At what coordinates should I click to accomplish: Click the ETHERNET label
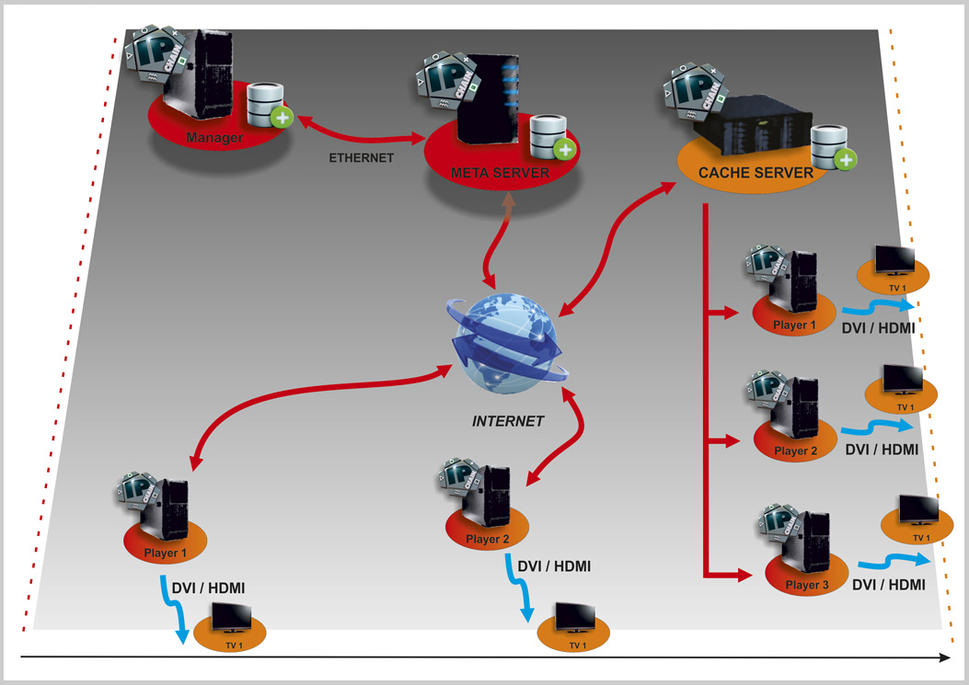point(361,158)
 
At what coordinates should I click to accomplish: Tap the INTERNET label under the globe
point(508,421)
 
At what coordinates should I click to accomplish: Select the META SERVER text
point(500,173)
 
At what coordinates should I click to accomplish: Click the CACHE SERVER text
point(756,172)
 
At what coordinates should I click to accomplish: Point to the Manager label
point(214,139)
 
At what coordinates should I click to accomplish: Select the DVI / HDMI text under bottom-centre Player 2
point(554,566)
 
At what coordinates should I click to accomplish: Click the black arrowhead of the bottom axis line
point(944,657)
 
